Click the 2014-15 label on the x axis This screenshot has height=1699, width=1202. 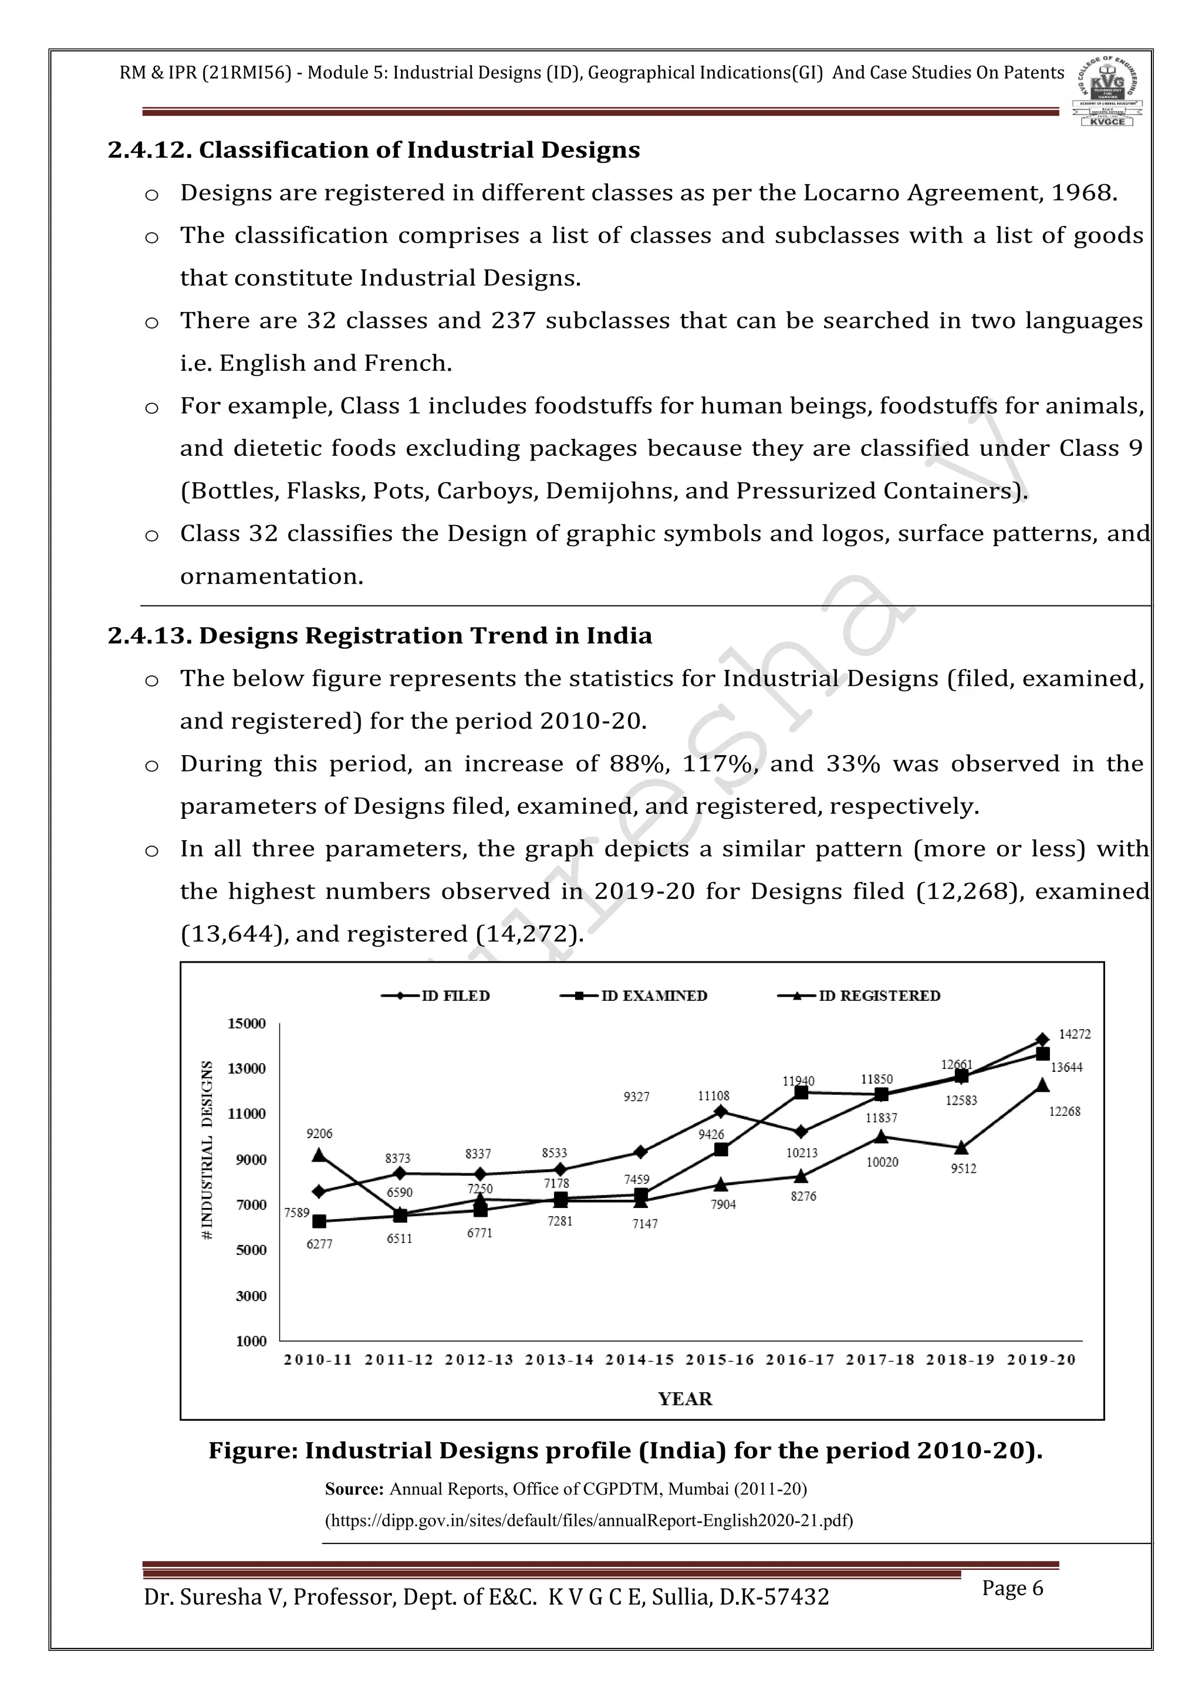coord(640,1360)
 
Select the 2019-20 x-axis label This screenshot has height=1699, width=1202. coord(1041,1360)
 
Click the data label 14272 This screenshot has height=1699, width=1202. coord(1075,1034)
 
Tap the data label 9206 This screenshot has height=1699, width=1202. coord(319,1133)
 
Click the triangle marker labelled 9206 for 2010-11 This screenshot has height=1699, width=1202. coord(319,1155)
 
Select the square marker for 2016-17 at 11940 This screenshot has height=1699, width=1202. coord(801,1092)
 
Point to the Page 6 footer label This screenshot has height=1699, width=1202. coord(1012,1588)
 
